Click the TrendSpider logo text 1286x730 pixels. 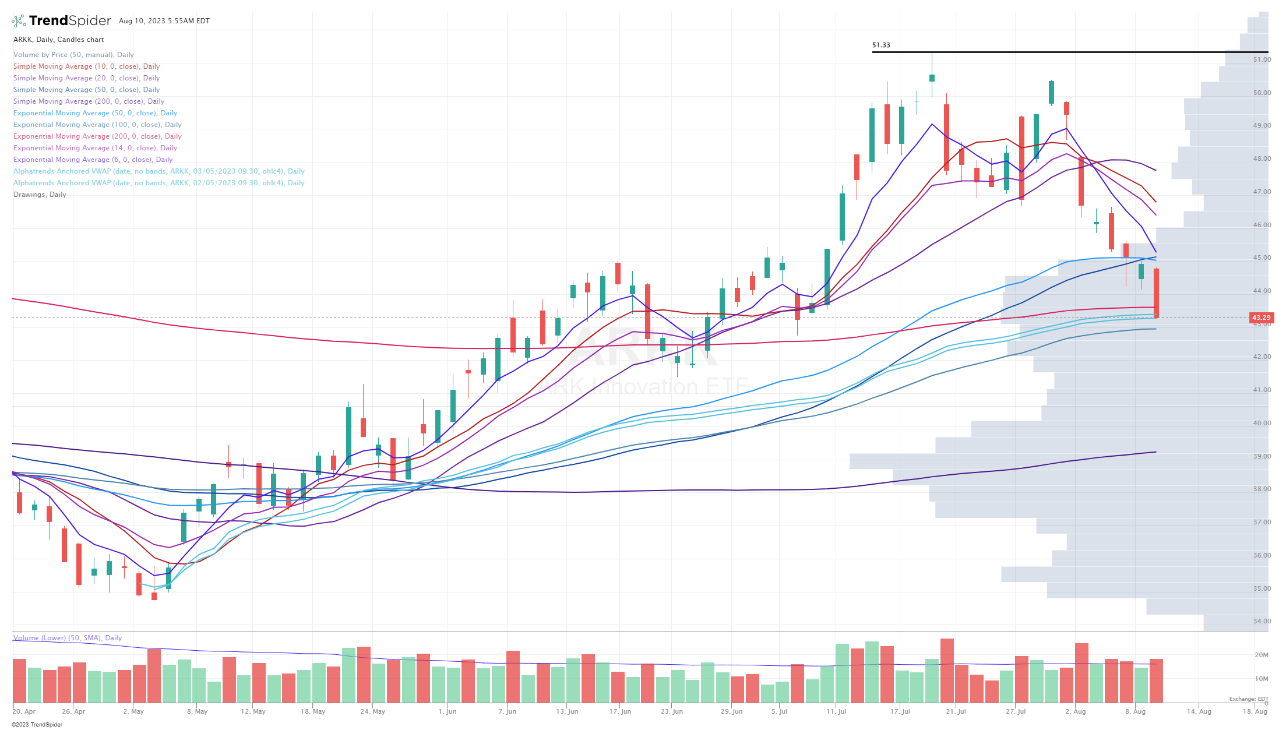pos(69,21)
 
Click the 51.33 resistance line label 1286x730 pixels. pos(880,45)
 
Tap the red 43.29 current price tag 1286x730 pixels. pos(1261,318)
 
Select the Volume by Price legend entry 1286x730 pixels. pos(73,55)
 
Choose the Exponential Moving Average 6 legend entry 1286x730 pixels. pos(93,160)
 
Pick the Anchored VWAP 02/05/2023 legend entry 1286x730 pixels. pos(158,183)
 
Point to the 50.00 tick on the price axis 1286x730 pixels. pos(1262,93)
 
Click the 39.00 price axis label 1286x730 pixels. pos(1262,456)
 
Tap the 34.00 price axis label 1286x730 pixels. pos(1262,621)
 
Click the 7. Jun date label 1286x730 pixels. pos(507,711)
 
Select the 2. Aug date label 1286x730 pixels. pos(1075,711)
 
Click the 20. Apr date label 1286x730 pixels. pos(24,711)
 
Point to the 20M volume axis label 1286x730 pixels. pos(1261,655)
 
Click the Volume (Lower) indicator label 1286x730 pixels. pos(67,638)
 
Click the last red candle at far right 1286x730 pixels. pos(1156,293)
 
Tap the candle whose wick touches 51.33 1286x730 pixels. pos(932,77)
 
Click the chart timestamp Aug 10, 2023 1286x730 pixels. pos(164,21)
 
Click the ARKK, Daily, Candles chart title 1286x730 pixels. pos(58,40)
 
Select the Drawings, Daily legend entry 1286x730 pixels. pos(40,195)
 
